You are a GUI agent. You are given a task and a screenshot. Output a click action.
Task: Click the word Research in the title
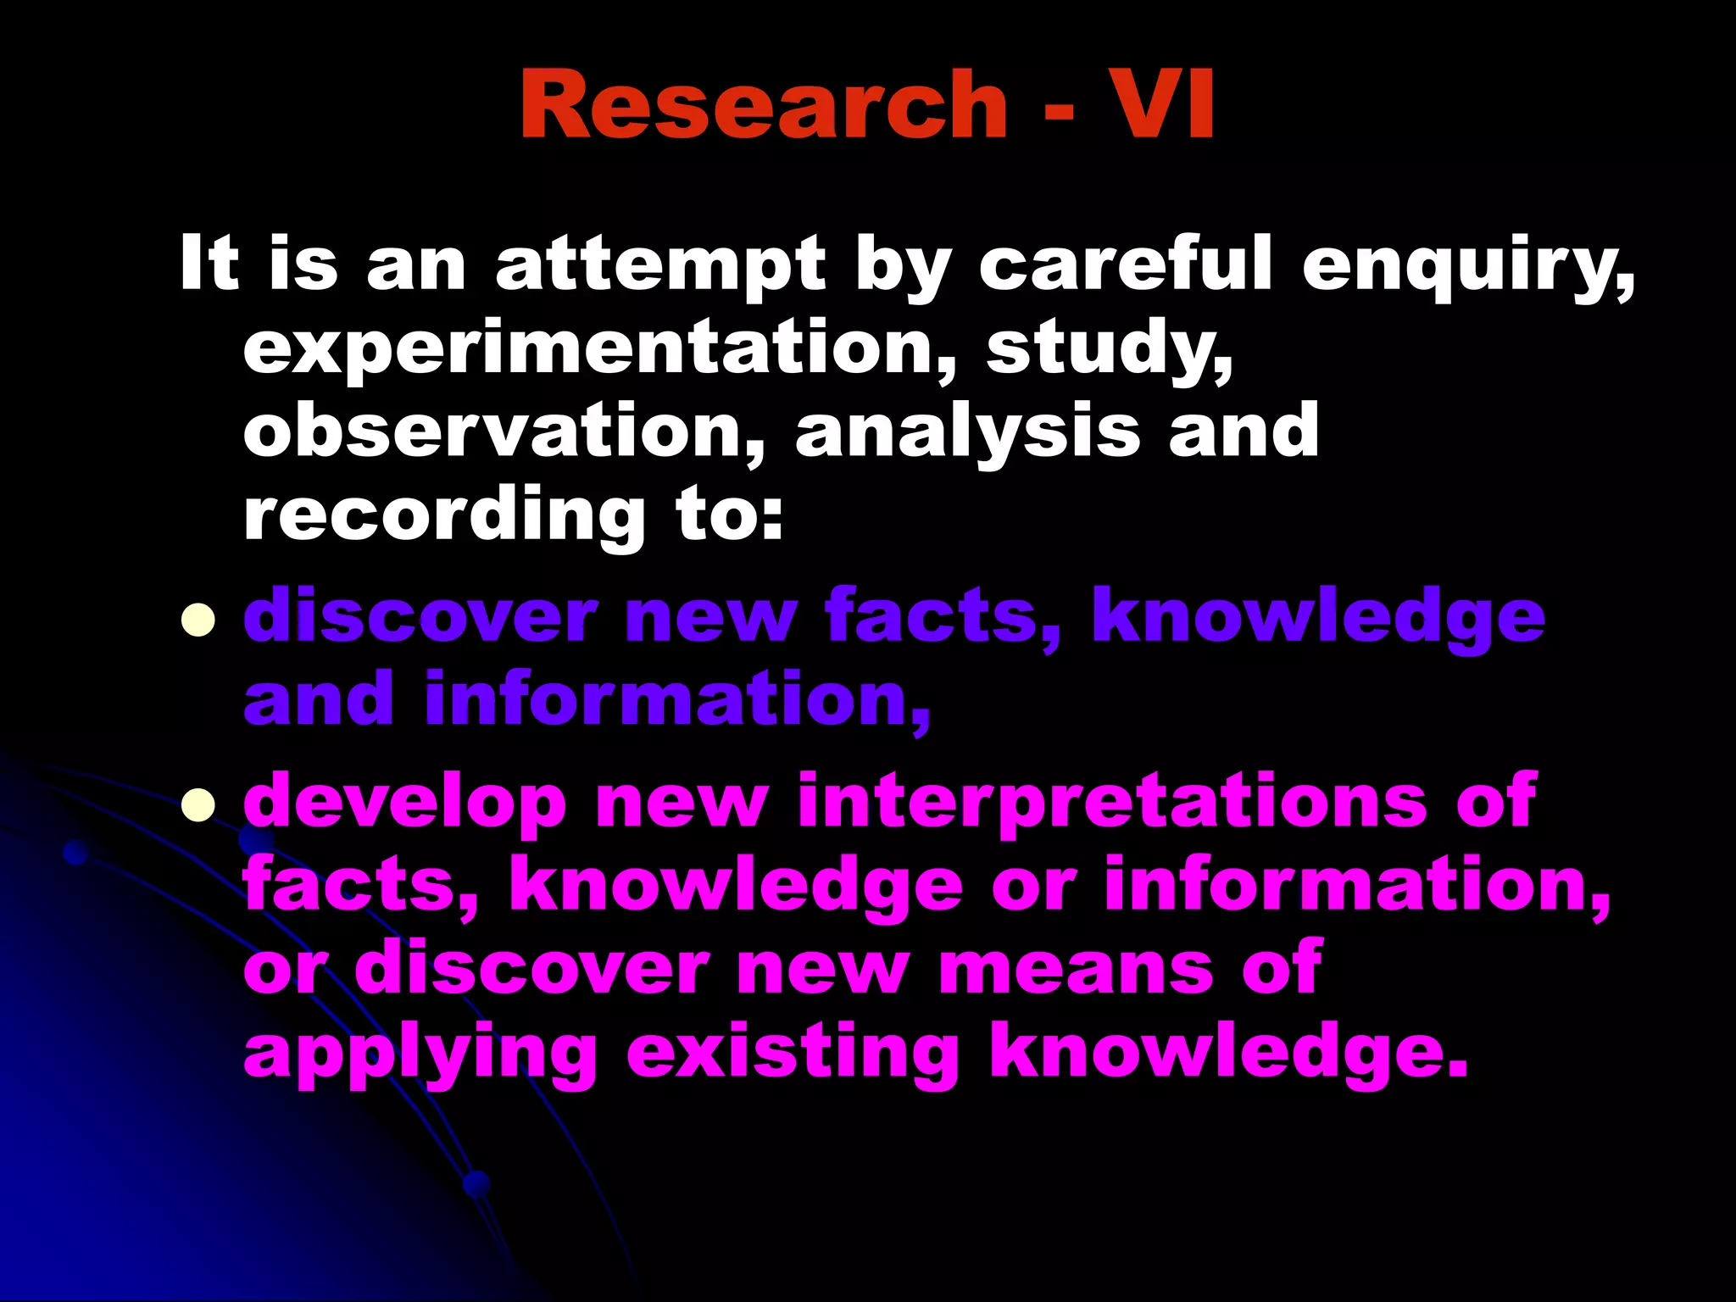click(763, 104)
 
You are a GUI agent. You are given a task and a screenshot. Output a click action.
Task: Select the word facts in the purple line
click(942, 616)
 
